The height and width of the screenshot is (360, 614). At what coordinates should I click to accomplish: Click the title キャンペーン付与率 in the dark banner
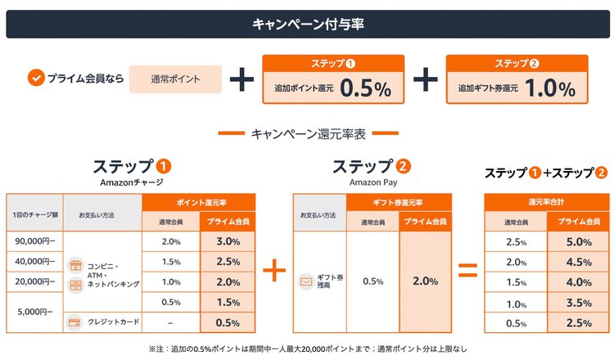tap(307, 24)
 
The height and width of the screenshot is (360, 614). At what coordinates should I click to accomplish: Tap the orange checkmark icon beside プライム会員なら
tap(35, 79)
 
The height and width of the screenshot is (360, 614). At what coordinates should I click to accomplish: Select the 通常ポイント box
tap(175, 79)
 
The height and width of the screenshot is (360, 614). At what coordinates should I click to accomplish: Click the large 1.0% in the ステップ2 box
tap(547, 88)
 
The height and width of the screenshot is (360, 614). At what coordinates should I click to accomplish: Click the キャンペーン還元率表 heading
tap(307, 133)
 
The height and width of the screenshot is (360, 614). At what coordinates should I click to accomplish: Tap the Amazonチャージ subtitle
tap(131, 182)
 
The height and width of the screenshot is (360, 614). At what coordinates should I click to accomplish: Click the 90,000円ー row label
tap(34, 241)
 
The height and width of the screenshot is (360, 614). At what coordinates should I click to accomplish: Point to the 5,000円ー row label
tap(34, 312)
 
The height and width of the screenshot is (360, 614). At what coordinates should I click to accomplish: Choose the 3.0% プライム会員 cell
tap(227, 241)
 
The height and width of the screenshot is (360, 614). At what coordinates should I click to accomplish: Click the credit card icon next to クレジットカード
tap(75, 322)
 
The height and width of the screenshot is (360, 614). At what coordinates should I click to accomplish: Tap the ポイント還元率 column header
tap(198, 202)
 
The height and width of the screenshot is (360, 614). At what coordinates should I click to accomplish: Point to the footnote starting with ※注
tap(307, 349)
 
